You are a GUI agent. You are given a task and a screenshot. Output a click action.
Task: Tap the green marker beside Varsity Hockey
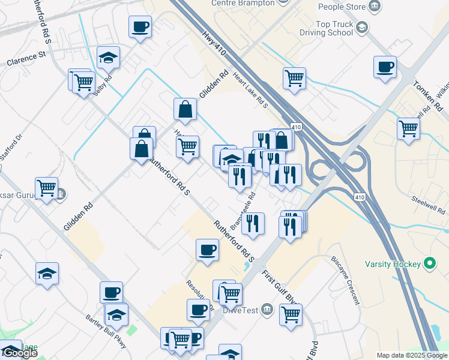point(430,263)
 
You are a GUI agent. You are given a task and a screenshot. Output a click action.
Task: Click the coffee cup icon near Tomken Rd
point(385,67)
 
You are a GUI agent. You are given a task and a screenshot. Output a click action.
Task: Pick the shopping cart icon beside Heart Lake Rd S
point(294,77)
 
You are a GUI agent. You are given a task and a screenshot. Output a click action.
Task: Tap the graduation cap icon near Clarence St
point(108,58)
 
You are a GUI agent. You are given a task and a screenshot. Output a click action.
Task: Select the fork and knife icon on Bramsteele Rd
point(255,223)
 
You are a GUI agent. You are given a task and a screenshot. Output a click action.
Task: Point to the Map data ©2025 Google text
point(412,355)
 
